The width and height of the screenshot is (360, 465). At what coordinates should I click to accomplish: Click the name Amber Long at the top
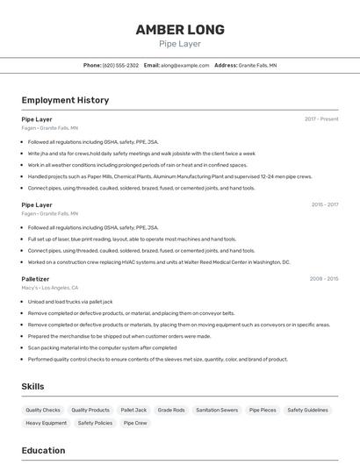(180, 30)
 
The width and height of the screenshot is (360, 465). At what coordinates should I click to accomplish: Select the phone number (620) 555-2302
(120, 66)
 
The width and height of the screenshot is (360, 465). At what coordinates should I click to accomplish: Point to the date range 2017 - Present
(321, 118)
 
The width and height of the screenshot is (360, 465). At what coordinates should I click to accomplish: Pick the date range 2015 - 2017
(325, 204)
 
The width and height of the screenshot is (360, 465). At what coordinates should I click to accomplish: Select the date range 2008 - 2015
(324, 278)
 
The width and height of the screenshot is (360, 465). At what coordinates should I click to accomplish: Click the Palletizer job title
(36, 279)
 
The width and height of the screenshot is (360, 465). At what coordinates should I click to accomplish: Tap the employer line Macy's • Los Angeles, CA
(50, 288)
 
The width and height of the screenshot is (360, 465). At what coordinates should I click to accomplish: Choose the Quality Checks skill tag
(43, 410)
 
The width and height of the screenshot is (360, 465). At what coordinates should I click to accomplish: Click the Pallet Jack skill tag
(133, 410)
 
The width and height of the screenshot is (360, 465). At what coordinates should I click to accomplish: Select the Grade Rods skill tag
(171, 410)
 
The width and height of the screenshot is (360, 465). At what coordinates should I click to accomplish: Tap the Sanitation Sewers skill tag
(217, 410)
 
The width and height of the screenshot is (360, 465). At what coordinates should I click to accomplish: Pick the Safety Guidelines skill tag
(307, 410)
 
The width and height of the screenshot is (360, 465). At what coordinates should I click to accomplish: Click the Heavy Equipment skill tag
(47, 423)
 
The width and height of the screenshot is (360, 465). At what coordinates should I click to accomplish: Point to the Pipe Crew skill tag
(135, 423)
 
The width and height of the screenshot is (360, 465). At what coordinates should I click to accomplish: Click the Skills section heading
(32, 386)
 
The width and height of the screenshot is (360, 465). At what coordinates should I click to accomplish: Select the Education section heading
(43, 450)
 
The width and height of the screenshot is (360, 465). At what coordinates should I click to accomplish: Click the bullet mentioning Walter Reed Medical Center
(159, 261)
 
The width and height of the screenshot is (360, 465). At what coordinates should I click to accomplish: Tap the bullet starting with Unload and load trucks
(70, 302)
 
